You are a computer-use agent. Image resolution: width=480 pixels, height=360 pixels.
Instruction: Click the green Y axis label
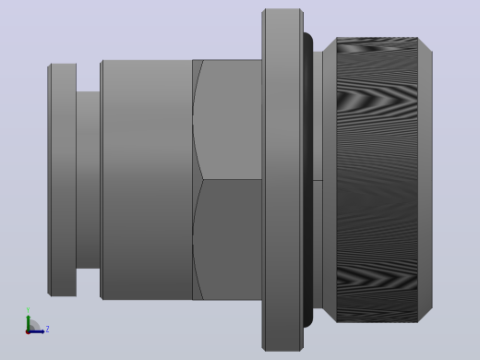tap(28, 310)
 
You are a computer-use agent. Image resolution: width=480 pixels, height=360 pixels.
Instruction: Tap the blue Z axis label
tap(47, 330)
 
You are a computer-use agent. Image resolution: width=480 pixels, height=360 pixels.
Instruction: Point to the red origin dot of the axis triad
tap(28, 332)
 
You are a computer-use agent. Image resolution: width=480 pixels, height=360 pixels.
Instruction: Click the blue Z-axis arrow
tap(37, 331)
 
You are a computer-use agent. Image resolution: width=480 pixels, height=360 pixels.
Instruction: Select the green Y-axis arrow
tap(29, 323)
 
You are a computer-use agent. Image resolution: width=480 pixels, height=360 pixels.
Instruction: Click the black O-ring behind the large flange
tap(308, 180)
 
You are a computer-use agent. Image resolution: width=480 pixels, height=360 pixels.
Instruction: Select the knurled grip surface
tap(378, 180)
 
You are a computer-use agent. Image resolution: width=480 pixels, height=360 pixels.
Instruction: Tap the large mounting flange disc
tap(282, 180)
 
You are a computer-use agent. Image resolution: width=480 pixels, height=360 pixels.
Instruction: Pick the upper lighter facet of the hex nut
tap(229, 119)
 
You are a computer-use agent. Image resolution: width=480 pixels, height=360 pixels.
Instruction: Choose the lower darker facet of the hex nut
tap(229, 239)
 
